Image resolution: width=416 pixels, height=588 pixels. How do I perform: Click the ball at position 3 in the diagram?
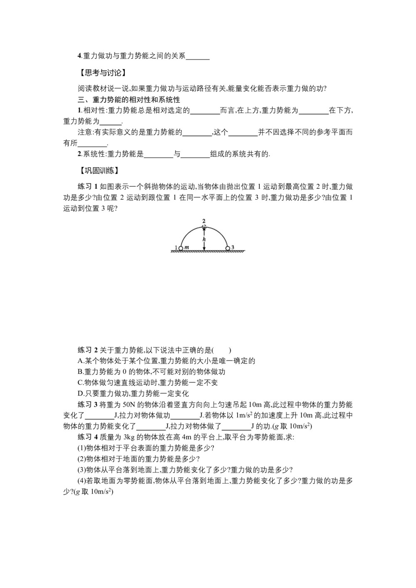228,248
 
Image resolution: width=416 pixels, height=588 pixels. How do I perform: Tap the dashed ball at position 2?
204,226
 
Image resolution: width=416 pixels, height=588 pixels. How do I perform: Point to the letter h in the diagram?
204,240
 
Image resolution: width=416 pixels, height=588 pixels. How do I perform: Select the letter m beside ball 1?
187,247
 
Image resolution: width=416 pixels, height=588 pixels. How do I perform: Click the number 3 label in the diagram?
233,247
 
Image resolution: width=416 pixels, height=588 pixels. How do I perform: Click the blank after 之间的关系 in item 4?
198,57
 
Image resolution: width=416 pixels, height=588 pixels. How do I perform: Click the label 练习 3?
87,404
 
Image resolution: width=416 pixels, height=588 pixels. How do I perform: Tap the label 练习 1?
87,187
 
